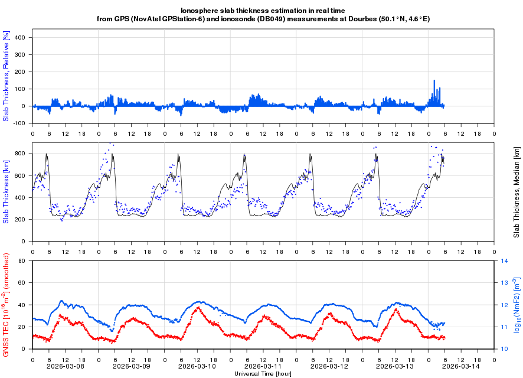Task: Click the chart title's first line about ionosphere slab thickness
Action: (263, 11)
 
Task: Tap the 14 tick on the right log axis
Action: (505, 260)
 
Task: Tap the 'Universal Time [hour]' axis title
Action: (263, 373)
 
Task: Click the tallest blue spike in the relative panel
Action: (434, 81)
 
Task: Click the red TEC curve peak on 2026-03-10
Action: (198, 307)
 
